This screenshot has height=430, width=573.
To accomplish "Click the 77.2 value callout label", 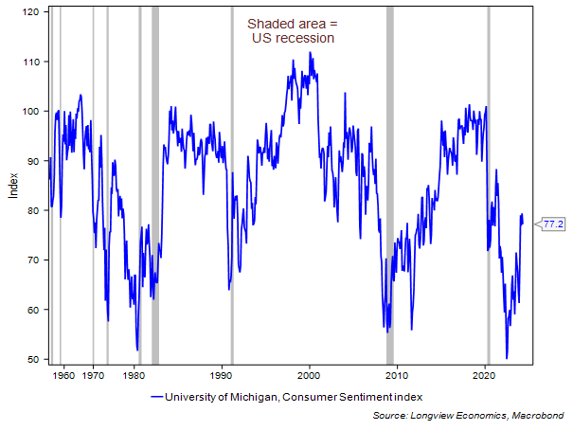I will tap(552, 224).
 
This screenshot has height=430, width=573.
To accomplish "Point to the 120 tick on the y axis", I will tap(31, 12).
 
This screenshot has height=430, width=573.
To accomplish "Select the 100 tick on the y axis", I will tap(31, 112).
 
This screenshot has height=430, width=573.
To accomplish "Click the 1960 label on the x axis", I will tap(63, 376).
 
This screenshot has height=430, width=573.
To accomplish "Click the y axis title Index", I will tap(12, 187).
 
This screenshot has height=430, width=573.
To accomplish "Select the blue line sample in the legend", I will tap(155, 396).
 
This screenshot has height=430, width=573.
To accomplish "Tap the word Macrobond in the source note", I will tap(539, 415).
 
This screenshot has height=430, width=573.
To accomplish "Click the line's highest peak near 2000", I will tap(310, 53).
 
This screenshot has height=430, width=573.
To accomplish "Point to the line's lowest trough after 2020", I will tap(507, 358).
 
